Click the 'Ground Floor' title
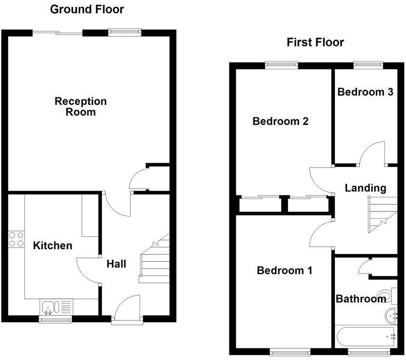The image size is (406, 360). [x=87, y=9]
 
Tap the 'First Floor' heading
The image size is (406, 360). [x=315, y=42]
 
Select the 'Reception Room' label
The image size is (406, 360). [x=81, y=106]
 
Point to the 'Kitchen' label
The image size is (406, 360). [x=52, y=245]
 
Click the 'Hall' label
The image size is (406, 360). [x=116, y=264]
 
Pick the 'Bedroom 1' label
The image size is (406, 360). [x=284, y=270]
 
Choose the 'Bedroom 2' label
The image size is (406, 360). [x=280, y=121]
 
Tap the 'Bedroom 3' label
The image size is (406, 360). [x=365, y=92]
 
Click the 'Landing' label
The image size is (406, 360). [x=365, y=188]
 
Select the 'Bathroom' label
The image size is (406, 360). [x=361, y=299]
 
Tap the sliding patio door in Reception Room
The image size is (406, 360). [x=58, y=33]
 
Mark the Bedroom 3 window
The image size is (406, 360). [x=368, y=64]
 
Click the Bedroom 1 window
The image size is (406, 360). [x=290, y=351]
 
